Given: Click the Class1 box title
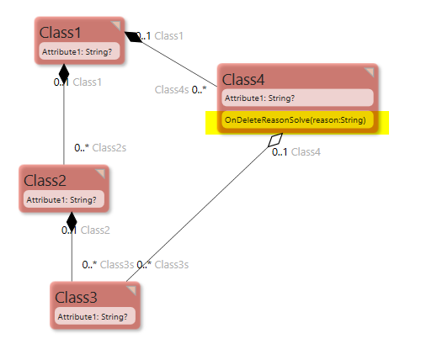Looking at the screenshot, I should pyautogui.click(x=61, y=33).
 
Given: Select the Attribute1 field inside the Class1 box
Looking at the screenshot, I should pyautogui.click(x=77, y=52).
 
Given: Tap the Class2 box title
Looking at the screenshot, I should pyautogui.click(x=45, y=180).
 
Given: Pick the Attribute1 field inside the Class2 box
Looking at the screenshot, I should pyautogui.click(x=62, y=200).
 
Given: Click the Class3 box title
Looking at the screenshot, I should pyautogui.click(x=76, y=297).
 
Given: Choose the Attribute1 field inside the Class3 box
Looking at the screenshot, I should pyautogui.click(x=93, y=317).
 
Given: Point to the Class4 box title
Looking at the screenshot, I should pyautogui.click(x=243, y=79).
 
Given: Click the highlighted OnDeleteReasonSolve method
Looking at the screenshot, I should pyautogui.click(x=296, y=121).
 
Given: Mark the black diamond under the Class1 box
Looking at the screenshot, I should pyautogui.click(x=65, y=76).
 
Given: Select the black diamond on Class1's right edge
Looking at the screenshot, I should pyautogui.click(x=134, y=36).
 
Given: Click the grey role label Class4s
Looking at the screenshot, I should pyautogui.click(x=172, y=89).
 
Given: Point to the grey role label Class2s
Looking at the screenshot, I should pyautogui.click(x=109, y=147).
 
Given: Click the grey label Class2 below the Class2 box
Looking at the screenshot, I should pyautogui.click(x=95, y=230).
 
